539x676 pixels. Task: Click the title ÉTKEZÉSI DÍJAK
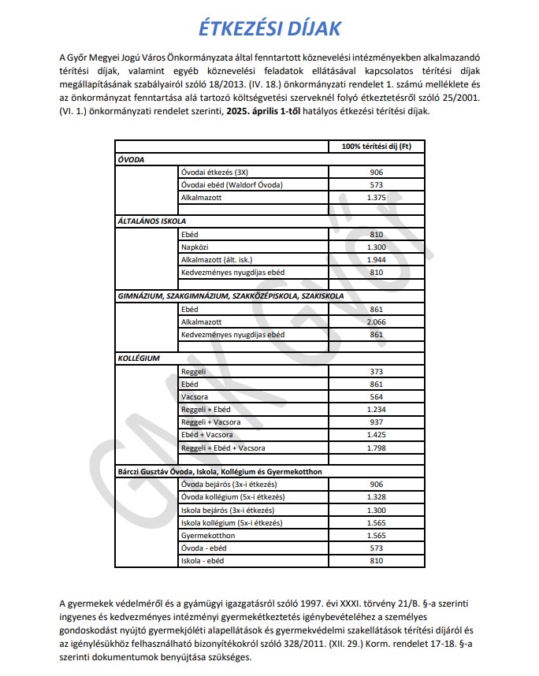[269, 29]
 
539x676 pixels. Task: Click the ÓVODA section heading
[131, 159]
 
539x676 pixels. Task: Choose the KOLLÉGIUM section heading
[139, 358]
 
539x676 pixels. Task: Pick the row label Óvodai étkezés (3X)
[208, 172]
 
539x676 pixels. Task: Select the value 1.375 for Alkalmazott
[376, 196]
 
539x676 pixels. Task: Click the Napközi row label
[195, 247]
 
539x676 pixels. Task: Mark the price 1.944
[376, 259]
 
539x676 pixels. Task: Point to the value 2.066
[376, 321]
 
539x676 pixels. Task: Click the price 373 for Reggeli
[376, 371]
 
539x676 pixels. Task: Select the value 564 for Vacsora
[376, 396]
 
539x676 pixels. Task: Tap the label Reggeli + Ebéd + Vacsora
[223, 448]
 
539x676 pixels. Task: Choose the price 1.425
[376, 434]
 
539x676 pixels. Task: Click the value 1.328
[376, 497]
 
